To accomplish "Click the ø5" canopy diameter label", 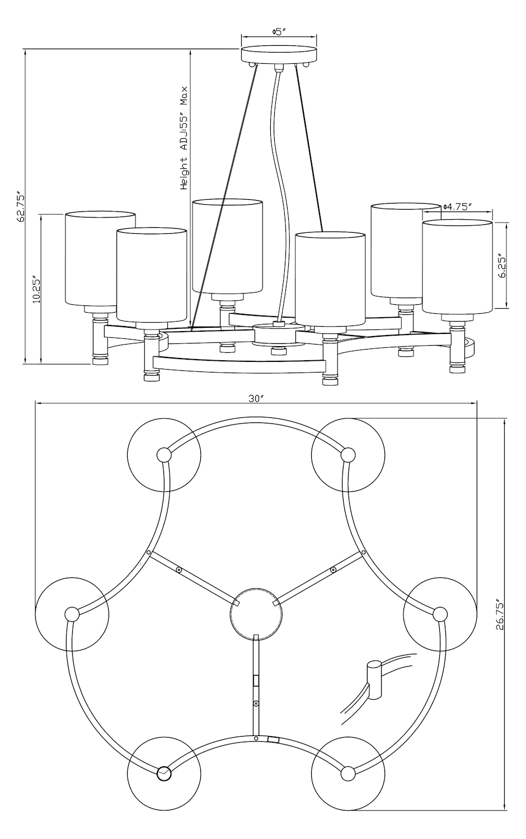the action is tap(279, 31).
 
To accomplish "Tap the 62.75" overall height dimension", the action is tap(20, 208).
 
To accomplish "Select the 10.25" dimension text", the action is tap(36, 289).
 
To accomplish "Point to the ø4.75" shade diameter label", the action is tap(457, 207).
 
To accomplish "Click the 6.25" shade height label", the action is tap(502, 267).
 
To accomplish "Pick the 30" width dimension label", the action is tap(257, 399).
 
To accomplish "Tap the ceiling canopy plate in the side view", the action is tap(279, 55).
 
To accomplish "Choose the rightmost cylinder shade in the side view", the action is tap(457, 267).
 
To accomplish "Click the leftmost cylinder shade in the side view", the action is tap(100, 259).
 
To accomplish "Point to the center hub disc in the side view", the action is tap(276, 334).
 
